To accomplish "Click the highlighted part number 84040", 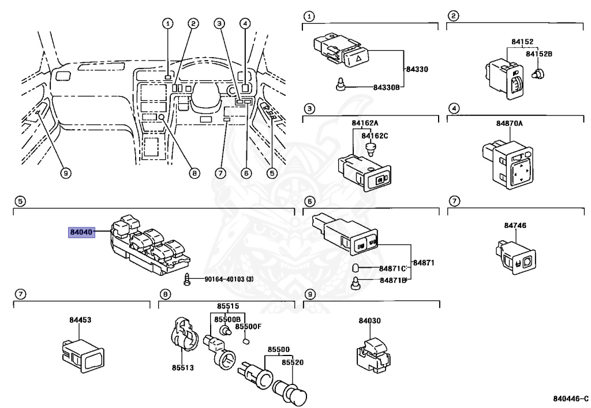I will pyautogui.click(x=80, y=233).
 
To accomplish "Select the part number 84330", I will pyautogui.click(x=418, y=69).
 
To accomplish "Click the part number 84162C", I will pyautogui.click(x=375, y=136).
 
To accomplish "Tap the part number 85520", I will pyautogui.click(x=293, y=362).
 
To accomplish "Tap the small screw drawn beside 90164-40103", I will pyautogui.click(x=187, y=279).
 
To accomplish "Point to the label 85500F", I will pyautogui.click(x=251, y=326).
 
